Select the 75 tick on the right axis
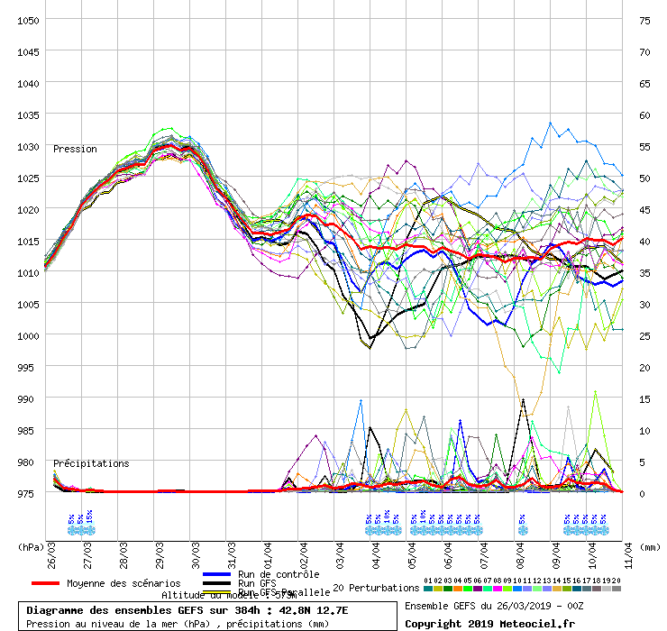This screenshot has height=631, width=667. pyautogui.click(x=644, y=20)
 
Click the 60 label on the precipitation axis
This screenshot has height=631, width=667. pyautogui.click(x=644, y=114)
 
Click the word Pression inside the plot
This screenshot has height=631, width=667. pyautogui.click(x=75, y=149)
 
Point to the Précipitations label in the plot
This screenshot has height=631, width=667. pyautogui.click(x=91, y=463)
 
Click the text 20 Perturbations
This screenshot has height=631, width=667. pyautogui.click(x=376, y=588)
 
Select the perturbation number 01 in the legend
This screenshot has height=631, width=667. pyautogui.click(x=427, y=581)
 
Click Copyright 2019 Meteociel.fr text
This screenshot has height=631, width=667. pyautogui.click(x=489, y=623)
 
